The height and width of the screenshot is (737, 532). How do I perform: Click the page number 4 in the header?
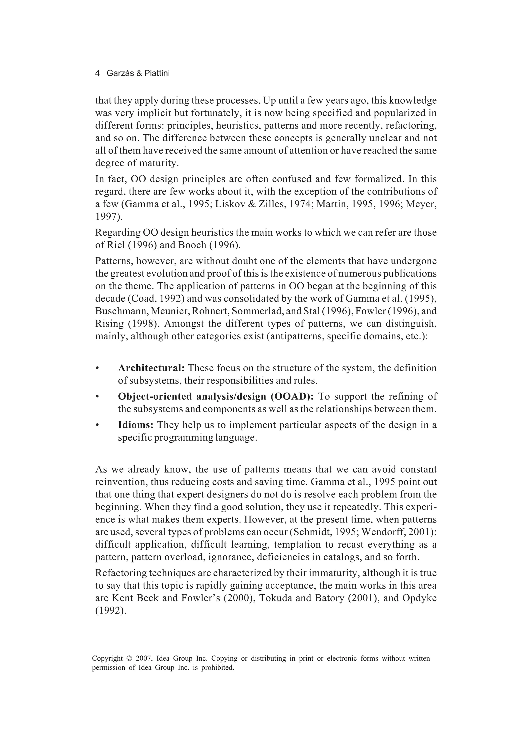click(x=97, y=74)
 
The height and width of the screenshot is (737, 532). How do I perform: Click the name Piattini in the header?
click(x=157, y=74)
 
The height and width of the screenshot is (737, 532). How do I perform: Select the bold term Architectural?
click(x=151, y=368)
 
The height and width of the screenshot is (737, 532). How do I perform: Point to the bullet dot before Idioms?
click(x=97, y=425)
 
